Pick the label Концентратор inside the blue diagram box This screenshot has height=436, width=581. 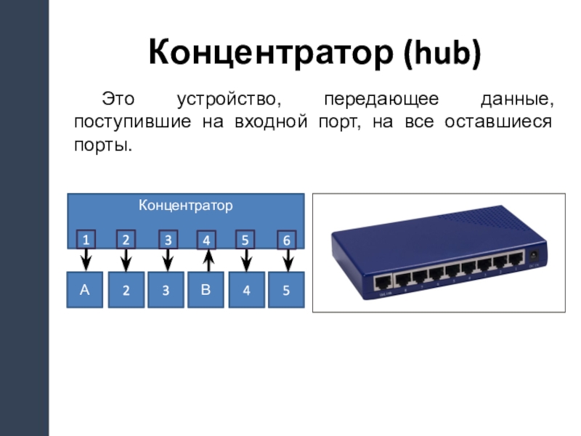coord(186,206)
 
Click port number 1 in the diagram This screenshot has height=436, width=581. coord(85,239)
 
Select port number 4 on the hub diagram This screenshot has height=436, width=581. coord(207,239)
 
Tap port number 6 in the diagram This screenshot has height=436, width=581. coord(288,239)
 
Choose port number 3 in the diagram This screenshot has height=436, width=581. coord(168,239)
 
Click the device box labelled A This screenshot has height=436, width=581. coord(85,290)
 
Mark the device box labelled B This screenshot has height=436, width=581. coord(206,290)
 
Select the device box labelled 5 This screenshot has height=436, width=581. coord(287,290)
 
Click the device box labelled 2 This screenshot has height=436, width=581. coord(126,290)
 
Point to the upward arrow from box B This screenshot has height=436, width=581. coord(207,259)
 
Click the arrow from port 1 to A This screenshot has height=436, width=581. coord(85,259)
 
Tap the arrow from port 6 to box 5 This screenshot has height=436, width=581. coord(288,259)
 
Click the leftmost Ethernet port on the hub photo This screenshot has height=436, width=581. coord(383,281)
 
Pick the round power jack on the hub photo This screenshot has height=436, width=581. coord(536,255)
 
